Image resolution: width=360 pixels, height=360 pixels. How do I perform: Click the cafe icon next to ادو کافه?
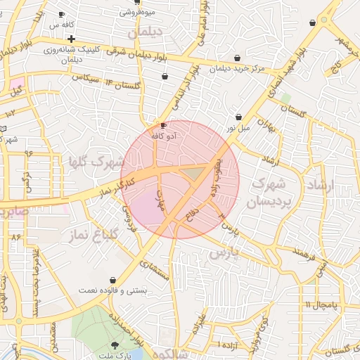164,125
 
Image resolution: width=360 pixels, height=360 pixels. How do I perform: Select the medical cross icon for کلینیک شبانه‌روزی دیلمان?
71,38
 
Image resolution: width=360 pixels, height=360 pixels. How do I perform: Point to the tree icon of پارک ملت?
115,345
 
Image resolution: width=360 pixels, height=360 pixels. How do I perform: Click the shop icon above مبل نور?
239,117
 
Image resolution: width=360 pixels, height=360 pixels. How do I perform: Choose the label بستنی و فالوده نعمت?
113,290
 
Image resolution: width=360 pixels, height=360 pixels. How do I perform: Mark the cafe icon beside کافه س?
62,14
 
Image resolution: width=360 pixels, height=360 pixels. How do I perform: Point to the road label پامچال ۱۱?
321,304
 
